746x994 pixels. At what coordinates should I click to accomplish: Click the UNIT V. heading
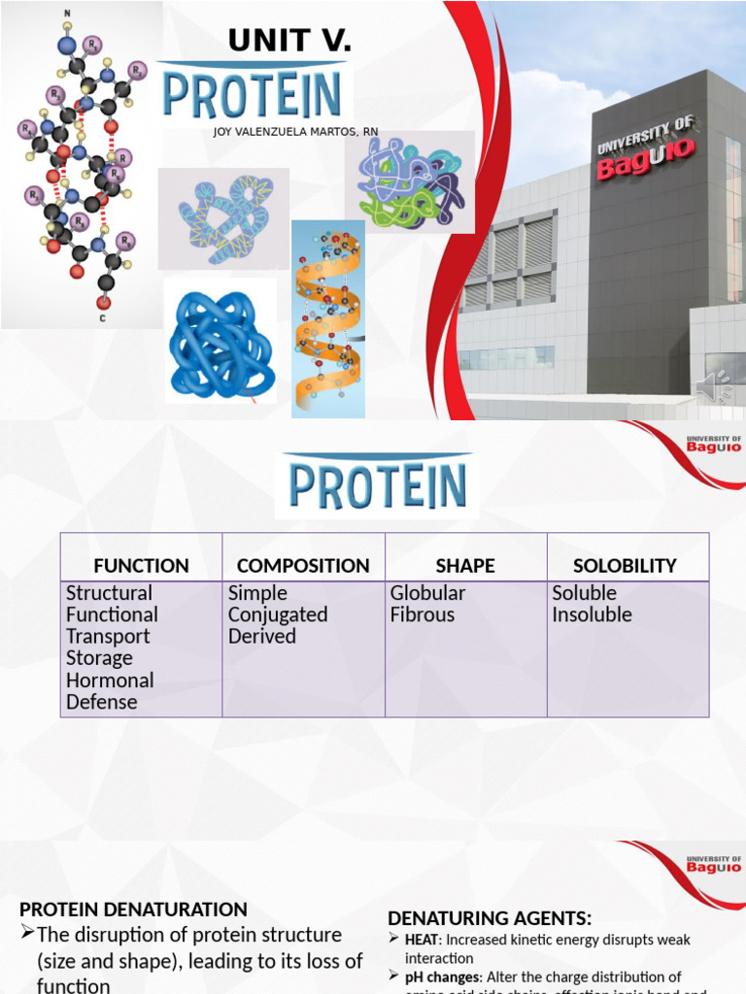(289, 41)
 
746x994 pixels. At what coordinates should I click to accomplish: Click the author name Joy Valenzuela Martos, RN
(295, 132)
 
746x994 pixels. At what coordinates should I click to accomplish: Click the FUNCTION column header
(141, 565)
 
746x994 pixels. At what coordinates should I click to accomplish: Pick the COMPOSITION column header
(303, 565)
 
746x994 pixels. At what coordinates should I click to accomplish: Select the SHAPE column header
(465, 565)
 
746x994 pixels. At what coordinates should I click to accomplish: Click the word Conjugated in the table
(278, 614)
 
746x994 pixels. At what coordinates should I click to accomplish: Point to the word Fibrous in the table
(423, 614)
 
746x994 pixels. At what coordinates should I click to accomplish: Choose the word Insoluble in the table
(592, 614)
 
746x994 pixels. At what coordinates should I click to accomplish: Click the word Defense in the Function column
(102, 702)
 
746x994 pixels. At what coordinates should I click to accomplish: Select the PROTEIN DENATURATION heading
(134, 910)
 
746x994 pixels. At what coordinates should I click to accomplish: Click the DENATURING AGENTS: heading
(490, 918)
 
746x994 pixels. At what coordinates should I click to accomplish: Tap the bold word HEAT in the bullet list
(423, 940)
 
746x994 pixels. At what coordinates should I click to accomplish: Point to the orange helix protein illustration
(328, 318)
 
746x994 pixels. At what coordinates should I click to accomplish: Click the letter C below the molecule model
(102, 317)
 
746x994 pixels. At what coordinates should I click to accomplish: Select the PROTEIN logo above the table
(376, 485)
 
